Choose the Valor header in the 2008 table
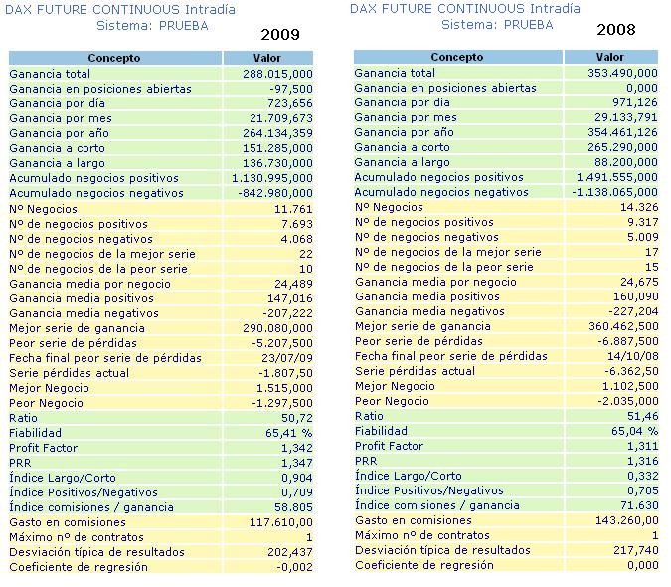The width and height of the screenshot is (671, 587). (x=609, y=58)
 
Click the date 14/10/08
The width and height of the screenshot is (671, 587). (x=632, y=356)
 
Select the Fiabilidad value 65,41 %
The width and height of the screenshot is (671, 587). (x=285, y=433)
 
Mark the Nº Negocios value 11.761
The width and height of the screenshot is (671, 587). (x=292, y=209)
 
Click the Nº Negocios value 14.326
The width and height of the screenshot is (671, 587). (x=637, y=207)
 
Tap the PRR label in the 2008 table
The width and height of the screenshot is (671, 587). (x=366, y=461)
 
